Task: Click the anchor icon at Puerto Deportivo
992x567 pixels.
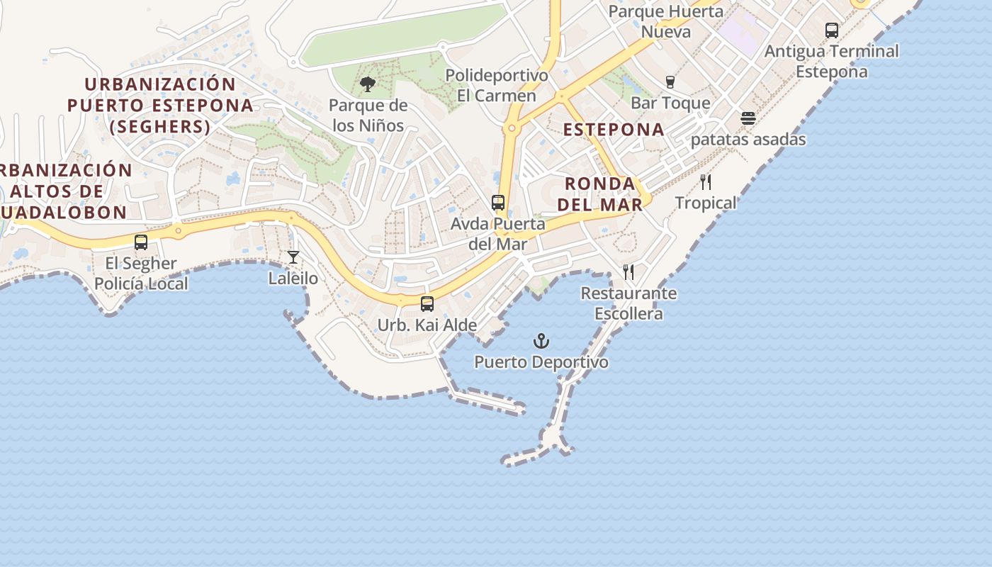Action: tap(541, 342)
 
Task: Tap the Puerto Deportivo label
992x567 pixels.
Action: tap(541, 362)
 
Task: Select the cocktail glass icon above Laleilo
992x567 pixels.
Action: tap(293, 257)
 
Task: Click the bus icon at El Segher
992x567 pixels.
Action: tap(141, 242)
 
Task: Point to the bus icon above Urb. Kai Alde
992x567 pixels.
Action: tap(427, 304)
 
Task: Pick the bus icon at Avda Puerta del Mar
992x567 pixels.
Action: tap(498, 203)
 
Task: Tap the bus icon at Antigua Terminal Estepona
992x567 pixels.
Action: tap(832, 30)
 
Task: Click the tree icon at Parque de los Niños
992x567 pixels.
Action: tap(368, 85)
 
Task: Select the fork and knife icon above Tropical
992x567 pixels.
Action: tap(706, 182)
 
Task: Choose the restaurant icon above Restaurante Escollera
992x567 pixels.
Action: tap(629, 271)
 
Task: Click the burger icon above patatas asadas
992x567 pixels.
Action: tap(748, 118)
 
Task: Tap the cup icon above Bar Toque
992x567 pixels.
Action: tap(670, 82)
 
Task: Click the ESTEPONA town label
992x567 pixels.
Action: tap(614, 130)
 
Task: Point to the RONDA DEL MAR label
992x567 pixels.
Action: tap(599, 194)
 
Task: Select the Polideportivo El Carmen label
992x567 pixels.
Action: tap(497, 86)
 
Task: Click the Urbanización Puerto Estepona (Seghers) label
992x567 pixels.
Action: tap(160, 105)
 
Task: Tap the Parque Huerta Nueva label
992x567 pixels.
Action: tap(665, 21)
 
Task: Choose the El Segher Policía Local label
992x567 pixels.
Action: tap(141, 274)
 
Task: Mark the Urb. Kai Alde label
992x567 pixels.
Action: tap(427, 325)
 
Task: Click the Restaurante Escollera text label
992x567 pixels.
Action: tap(629, 303)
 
